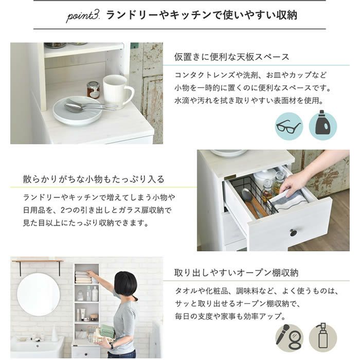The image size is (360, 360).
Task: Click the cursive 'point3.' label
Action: [x=83, y=16]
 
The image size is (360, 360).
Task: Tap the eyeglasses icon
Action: [x=289, y=127]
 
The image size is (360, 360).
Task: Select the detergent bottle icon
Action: [x=323, y=125]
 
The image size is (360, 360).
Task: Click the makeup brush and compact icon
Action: [x=289, y=337]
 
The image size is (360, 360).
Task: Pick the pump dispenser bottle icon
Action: [x=323, y=337]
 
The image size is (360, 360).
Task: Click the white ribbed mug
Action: [x=117, y=90]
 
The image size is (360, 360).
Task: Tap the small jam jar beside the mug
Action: [x=93, y=90]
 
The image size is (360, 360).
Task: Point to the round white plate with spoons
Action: [x=78, y=111]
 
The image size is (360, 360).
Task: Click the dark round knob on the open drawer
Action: [x=294, y=232]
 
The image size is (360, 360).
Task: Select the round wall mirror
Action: [x=39, y=295]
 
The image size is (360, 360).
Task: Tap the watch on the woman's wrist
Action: [x=112, y=346]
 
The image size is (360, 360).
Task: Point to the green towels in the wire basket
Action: [x=107, y=331]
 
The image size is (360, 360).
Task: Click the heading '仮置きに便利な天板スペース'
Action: [x=231, y=57]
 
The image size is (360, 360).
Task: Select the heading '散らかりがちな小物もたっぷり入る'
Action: [x=94, y=179]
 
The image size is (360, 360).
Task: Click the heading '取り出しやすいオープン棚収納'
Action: [x=236, y=273]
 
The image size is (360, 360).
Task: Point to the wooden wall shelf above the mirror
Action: [x=38, y=261]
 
